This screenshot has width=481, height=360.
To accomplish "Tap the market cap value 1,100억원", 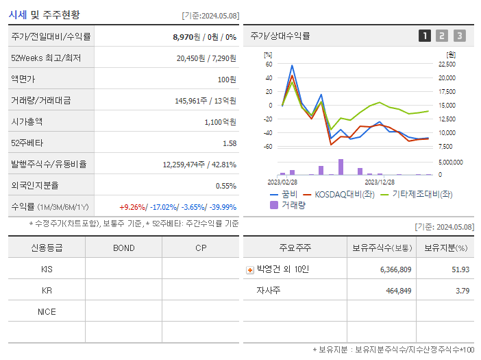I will pyautogui.click(x=220, y=122).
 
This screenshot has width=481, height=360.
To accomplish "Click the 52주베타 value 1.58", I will pyautogui.click(x=230, y=143).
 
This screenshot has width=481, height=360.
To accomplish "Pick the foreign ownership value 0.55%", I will pyautogui.click(x=226, y=186).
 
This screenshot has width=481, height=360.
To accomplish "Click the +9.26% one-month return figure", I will pyautogui.click(x=132, y=207).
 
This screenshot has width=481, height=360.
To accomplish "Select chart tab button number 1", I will pyautogui.click(x=425, y=36).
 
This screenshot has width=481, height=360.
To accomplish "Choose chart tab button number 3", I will pyautogui.click(x=459, y=36).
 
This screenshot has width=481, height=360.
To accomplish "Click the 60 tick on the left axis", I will pyautogui.click(x=269, y=64).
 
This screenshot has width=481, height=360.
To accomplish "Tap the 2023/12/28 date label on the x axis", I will pyautogui.click(x=379, y=182).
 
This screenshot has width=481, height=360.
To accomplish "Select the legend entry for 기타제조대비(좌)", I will pyautogui.click(x=421, y=194).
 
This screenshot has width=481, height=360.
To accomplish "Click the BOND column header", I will pyautogui.click(x=123, y=248).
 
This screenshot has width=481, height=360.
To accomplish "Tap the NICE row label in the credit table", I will pyautogui.click(x=47, y=312).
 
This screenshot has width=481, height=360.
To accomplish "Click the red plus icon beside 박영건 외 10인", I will pyautogui.click(x=250, y=270).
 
